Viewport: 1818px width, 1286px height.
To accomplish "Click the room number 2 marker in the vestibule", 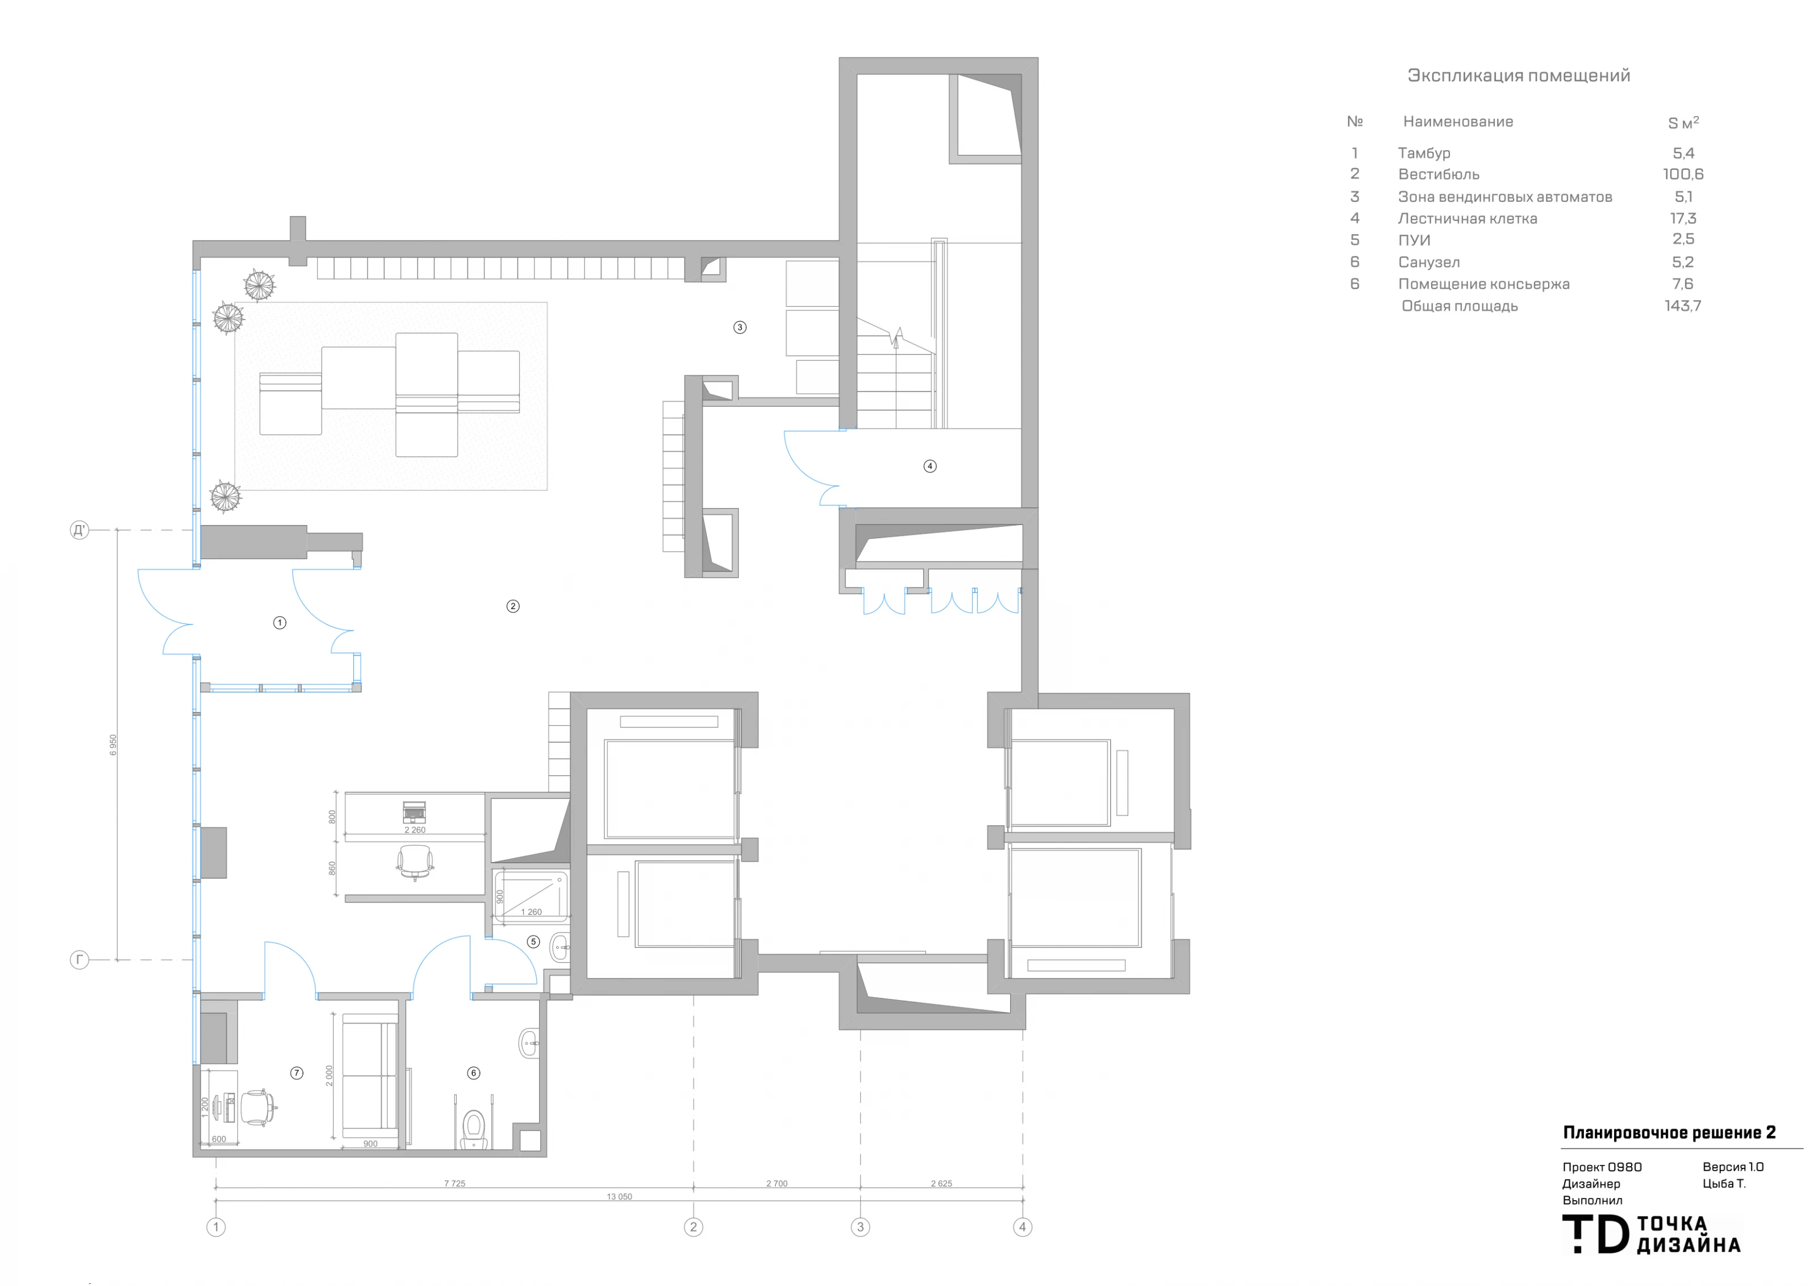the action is click(x=513, y=606).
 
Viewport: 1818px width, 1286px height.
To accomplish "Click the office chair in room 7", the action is click(x=258, y=1107).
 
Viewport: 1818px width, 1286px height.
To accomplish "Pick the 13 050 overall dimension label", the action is click(x=619, y=1197).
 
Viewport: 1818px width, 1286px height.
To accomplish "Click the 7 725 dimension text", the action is click(x=454, y=1183).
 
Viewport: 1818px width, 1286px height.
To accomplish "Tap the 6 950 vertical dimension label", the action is click(x=113, y=744).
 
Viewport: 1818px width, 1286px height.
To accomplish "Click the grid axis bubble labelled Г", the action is click(x=79, y=960).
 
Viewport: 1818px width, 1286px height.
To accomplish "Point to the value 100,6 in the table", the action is click(x=1683, y=174).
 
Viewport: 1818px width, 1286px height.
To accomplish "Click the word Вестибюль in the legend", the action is click(x=1438, y=174).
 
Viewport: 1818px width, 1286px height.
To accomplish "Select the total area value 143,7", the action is click(x=1683, y=306).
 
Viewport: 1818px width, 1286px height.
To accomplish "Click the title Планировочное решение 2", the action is click(x=1669, y=1133).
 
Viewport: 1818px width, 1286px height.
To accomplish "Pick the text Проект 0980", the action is click(x=1602, y=1167).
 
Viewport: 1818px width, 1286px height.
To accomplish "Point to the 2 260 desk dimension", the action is click(x=415, y=830).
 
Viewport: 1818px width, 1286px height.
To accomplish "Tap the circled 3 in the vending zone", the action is click(x=740, y=327).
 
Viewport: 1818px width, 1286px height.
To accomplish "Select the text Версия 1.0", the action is click(x=1733, y=1167).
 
